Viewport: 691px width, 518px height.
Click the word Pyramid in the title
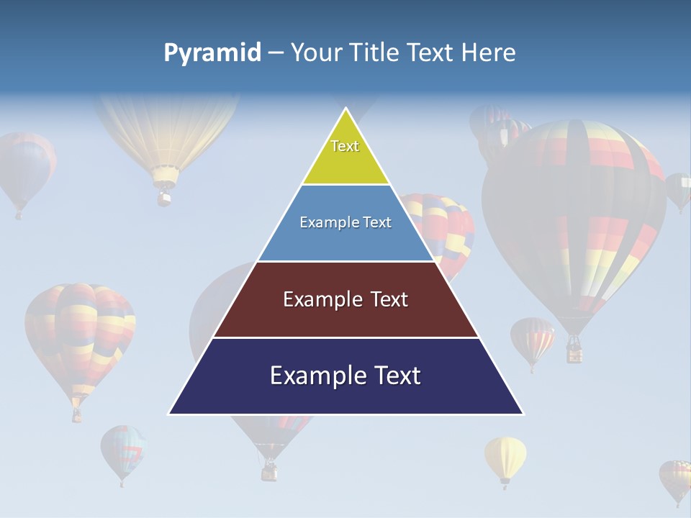[x=212, y=53]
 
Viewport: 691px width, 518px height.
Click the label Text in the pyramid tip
[x=345, y=146]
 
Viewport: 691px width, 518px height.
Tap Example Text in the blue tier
[x=345, y=222]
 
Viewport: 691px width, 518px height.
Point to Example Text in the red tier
[x=345, y=299]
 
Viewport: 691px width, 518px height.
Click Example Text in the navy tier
[x=345, y=376]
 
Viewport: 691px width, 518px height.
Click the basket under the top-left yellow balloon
[x=165, y=195]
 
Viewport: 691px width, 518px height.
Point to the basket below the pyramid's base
[x=269, y=471]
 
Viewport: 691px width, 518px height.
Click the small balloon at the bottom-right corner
[x=676, y=478]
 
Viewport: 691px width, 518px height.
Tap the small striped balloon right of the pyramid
[x=533, y=338]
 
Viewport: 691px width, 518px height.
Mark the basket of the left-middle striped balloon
[x=76, y=414]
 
